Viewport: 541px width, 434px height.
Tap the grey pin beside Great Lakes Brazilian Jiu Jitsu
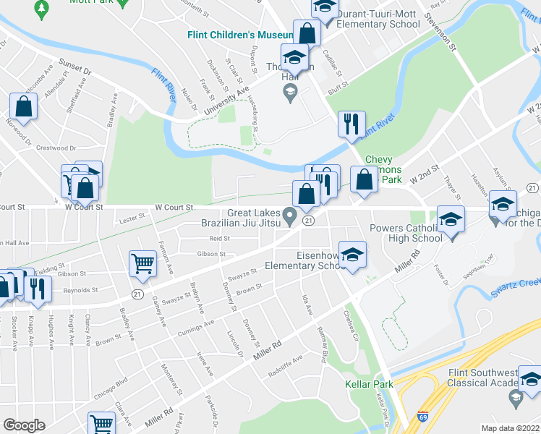[290, 214]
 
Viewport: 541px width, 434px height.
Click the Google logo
[24, 425]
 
